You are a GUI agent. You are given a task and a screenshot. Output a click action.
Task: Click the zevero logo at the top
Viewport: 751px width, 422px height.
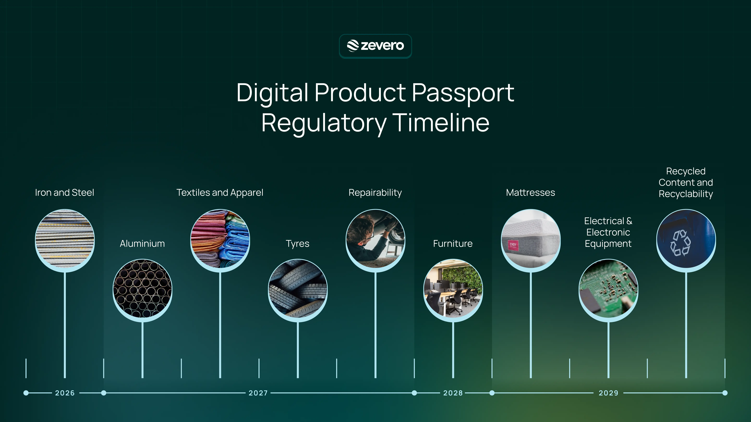tap(375, 46)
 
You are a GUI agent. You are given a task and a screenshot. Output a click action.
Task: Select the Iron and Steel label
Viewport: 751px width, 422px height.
tap(64, 193)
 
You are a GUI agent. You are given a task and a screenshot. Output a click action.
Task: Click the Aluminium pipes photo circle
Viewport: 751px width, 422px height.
tap(142, 288)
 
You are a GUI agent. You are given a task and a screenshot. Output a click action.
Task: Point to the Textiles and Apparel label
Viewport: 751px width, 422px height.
tap(220, 193)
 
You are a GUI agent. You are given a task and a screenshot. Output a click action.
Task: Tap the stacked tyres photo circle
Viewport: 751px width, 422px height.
tap(298, 288)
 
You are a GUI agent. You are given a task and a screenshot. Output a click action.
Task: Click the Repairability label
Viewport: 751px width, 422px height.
tap(375, 193)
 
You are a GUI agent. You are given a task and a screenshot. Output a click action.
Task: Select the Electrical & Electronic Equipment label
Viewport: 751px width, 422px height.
tap(608, 232)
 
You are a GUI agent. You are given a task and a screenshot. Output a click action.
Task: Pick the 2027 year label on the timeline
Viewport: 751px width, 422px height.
tap(258, 393)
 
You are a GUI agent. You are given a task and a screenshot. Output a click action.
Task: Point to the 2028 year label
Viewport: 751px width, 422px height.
tap(453, 393)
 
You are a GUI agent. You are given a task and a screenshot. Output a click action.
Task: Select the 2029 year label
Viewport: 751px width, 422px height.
tap(608, 393)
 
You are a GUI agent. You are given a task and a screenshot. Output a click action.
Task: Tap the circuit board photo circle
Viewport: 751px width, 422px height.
tap(608, 288)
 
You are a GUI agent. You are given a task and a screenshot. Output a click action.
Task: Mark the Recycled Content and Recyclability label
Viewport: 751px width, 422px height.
tap(686, 182)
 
